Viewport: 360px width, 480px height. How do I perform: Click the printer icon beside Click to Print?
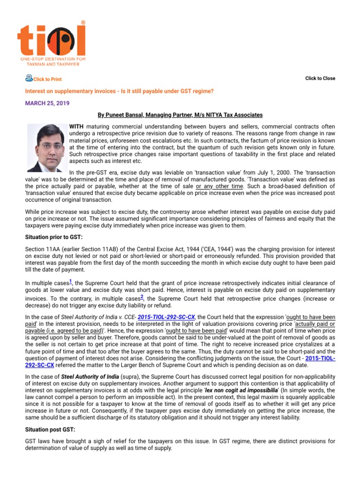[29, 78]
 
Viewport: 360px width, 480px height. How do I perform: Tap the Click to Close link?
[320, 78]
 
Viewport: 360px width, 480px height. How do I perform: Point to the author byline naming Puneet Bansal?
[180, 114]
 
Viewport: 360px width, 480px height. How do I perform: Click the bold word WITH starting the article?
[76, 127]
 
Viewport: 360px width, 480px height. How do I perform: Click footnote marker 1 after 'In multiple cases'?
[70, 281]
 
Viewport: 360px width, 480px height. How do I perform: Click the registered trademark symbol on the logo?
[83, 22]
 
